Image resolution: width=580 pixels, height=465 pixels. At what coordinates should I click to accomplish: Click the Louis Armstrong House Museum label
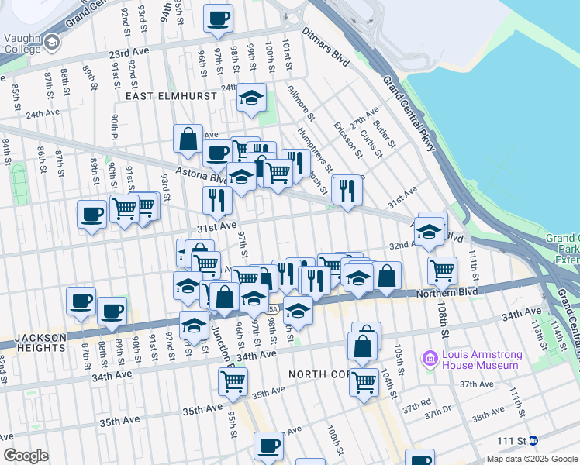coord(480,360)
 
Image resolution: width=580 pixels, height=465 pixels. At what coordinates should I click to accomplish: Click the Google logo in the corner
coord(26,455)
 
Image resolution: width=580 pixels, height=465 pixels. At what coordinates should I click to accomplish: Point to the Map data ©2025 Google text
coord(532,459)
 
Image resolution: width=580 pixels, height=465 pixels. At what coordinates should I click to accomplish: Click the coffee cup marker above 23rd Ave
coord(218,19)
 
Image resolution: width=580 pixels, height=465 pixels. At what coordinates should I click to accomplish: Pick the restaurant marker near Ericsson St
coord(347,190)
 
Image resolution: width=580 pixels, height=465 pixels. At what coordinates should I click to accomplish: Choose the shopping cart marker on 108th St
coord(442,271)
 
